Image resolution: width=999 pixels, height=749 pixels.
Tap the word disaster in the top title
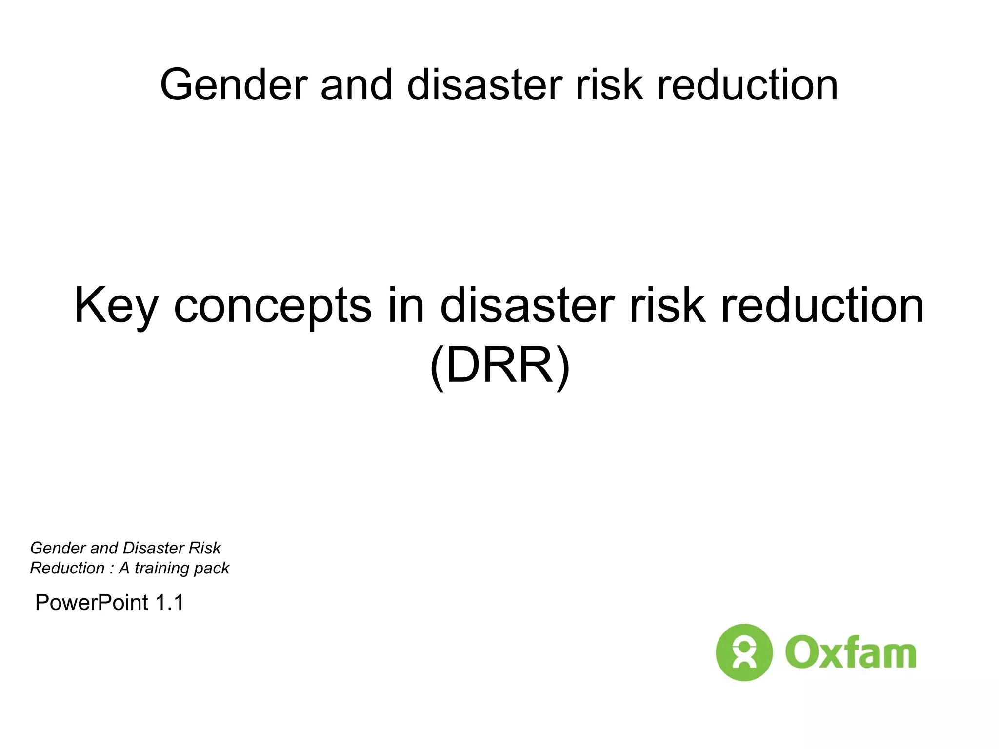(x=484, y=85)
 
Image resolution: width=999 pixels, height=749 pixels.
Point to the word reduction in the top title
(x=747, y=85)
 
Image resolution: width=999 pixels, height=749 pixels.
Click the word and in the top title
(x=356, y=85)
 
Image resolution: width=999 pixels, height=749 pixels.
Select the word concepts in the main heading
(x=272, y=306)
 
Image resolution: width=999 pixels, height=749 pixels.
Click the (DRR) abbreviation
(x=499, y=367)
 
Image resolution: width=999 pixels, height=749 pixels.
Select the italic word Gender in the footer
(x=58, y=549)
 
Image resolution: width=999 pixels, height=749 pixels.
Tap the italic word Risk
(x=205, y=549)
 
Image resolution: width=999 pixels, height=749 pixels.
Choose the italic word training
(x=162, y=569)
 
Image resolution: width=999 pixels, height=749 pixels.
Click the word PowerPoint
(x=92, y=603)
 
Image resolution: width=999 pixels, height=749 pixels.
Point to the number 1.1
(x=169, y=603)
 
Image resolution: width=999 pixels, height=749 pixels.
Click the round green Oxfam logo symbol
(x=744, y=652)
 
